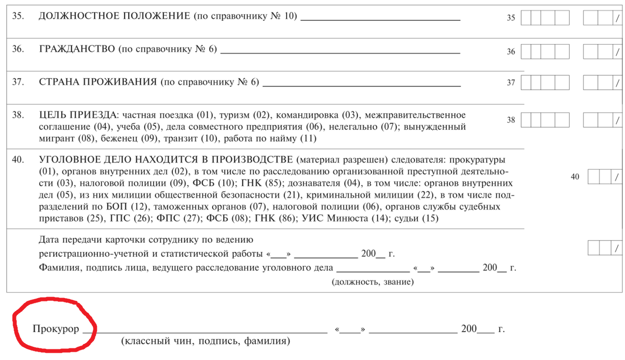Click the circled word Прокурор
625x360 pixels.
pos(56,329)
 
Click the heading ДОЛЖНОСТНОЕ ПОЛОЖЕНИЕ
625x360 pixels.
pos(114,16)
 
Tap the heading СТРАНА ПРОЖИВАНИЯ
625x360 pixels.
pos(98,82)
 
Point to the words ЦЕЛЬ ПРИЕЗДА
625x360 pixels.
pos(77,115)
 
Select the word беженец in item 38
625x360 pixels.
pos(117,139)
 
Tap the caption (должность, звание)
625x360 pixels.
pos(372,282)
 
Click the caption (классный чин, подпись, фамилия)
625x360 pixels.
pos(205,341)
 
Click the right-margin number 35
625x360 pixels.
pos(511,18)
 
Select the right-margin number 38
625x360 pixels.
pos(511,120)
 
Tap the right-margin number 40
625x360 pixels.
pos(575,177)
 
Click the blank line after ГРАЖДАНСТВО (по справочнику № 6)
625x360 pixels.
pos(340,51)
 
